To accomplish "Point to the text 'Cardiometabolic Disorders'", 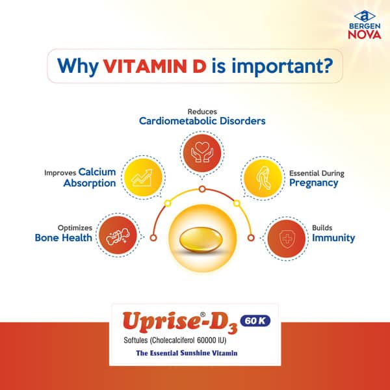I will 201,121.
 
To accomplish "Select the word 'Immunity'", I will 333,238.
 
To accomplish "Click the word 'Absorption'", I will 90,183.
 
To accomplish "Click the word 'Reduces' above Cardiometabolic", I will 201,111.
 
